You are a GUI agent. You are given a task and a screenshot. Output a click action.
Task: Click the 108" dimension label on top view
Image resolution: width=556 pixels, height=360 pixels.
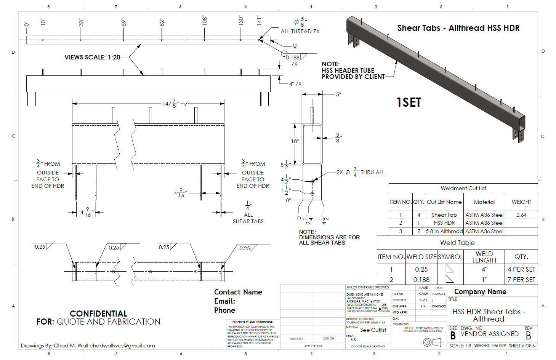pos(204,21)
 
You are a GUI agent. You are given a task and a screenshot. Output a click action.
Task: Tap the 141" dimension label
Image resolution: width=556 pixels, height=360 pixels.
pos(259,21)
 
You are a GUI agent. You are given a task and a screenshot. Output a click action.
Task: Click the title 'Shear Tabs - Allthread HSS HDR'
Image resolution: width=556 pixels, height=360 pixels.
pos(458,28)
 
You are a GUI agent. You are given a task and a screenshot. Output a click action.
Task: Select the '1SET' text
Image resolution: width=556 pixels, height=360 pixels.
pos(409,102)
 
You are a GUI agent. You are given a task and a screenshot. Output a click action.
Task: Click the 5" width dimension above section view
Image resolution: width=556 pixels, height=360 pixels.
pos(338,94)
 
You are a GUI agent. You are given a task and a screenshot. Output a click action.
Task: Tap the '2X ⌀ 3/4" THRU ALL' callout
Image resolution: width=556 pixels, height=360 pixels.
pos(361,172)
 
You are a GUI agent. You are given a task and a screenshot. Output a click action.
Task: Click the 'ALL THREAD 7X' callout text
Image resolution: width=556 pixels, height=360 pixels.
pos(300,32)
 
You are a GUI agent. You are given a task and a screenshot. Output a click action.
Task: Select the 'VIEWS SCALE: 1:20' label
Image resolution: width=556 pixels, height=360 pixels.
pos(92,58)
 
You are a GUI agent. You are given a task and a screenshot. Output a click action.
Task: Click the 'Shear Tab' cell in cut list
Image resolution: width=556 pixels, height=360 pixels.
pos(444,215)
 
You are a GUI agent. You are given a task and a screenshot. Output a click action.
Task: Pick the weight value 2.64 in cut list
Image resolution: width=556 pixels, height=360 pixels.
pos(521,215)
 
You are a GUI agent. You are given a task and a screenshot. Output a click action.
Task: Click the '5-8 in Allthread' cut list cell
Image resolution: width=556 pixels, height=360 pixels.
pos(444,231)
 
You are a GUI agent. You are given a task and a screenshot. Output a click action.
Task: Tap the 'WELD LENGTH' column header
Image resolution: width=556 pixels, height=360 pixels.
pos(484,257)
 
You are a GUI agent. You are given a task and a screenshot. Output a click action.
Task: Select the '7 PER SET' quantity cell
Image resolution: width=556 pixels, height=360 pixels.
pos(521,280)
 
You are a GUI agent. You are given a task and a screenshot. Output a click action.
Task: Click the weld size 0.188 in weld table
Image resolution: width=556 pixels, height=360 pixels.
pos(421,280)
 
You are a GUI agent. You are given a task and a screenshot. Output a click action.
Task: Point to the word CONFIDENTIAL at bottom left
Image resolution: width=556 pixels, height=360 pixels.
pos(98,314)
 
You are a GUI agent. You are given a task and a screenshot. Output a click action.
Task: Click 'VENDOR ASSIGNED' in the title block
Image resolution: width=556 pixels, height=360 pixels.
pos(489,334)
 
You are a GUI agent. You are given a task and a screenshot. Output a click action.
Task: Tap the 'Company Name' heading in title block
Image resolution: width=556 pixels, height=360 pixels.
pos(480,292)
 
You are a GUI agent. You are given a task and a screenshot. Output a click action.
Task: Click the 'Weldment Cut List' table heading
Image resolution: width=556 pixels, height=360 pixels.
pos(463,188)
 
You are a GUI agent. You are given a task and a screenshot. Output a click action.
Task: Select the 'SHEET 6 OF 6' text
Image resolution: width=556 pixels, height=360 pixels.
pos(521,346)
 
